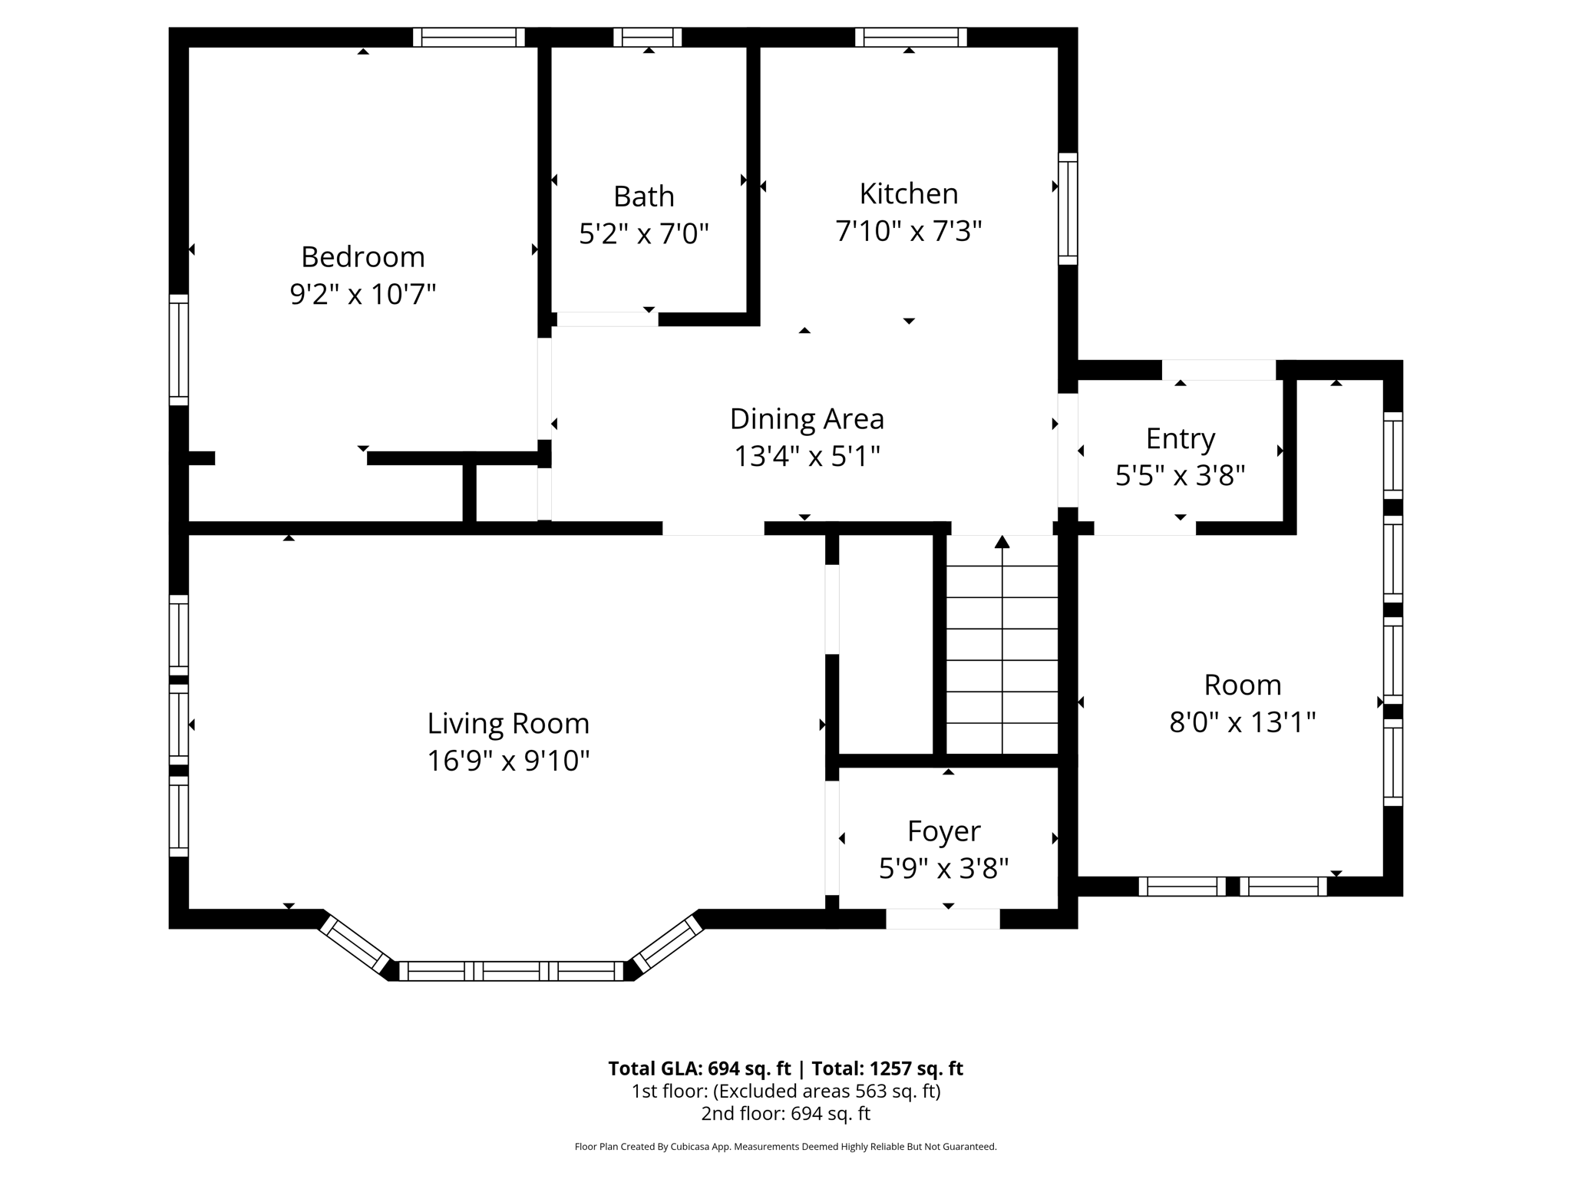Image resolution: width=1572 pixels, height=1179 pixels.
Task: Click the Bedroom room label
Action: (x=362, y=256)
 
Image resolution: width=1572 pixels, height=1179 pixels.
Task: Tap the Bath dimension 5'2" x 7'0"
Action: (x=643, y=233)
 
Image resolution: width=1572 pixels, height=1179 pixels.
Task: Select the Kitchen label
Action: (x=908, y=193)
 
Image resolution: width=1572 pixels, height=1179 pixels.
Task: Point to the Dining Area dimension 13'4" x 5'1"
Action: (x=807, y=457)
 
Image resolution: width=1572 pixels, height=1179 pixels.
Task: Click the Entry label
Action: (x=1180, y=438)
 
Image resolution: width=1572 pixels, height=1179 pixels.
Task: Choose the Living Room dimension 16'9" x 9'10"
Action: (x=508, y=761)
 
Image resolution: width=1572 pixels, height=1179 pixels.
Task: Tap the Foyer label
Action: (x=943, y=831)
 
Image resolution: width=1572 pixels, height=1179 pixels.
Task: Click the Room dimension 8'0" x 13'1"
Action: (x=1242, y=722)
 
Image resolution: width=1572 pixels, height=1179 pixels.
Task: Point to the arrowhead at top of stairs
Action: (x=1002, y=542)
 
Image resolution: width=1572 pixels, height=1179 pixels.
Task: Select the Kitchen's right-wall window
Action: (x=1068, y=209)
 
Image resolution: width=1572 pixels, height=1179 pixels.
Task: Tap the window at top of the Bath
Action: (x=647, y=37)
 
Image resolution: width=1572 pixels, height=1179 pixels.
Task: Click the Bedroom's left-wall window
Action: (x=178, y=349)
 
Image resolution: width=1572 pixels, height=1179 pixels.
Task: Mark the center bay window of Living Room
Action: (x=511, y=971)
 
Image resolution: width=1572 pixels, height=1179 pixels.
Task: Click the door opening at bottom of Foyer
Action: (x=943, y=919)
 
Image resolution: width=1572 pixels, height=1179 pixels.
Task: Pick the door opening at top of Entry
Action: (x=1218, y=370)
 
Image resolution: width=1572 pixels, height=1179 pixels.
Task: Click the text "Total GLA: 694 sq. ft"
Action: (x=698, y=1068)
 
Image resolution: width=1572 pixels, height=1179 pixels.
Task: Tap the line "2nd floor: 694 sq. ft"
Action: (x=785, y=1113)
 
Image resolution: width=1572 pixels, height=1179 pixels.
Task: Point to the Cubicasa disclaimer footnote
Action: (x=785, y=1147)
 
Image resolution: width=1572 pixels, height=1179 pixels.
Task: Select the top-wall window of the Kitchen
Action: (x=910, y=37)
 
